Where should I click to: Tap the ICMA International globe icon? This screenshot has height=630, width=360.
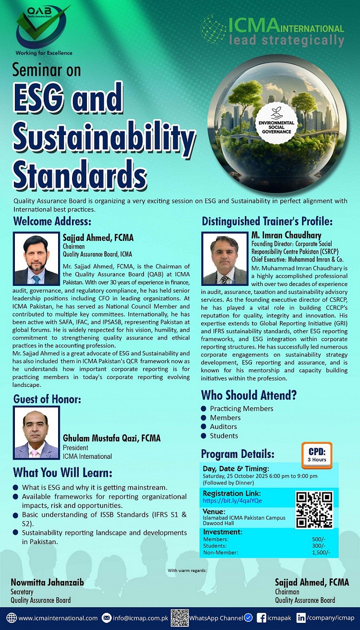pyautogui.click(x=213, y=29)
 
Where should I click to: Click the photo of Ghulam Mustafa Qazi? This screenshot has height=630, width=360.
pyautogui.click(x=36, y=433)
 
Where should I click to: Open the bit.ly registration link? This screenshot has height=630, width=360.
pyautogui.click(x=232, y=501)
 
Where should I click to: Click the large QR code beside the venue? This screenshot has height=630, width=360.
pyautogui.click(x=314, y=510)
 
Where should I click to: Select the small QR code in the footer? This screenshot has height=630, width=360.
pyautogui.click(x=180, y=618)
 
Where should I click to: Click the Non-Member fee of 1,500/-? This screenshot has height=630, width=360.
pyautogui.click(x=321, y=552)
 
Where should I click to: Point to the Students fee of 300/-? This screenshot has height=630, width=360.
pyautogui.click(x=318, y=546)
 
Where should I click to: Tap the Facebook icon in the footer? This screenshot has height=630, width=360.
pyautogui.click(x=262, y=618)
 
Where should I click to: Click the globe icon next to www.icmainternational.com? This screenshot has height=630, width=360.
pyautogui.click(x=12, y=618)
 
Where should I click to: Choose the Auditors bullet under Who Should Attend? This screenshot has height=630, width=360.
pyautogui.click(x=204, y=427)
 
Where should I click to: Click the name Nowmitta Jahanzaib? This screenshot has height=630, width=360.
pyautogui.click(x=47, y=582)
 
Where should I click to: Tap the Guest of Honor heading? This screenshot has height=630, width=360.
pyautogui.click(x=47, y=399)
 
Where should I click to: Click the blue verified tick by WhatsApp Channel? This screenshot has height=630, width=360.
pyautogui.click(x=248, y=618)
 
